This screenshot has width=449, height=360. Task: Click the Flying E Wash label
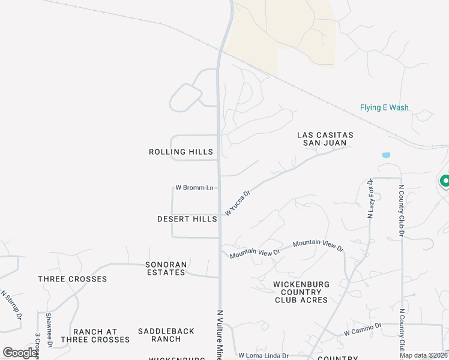point(384,108)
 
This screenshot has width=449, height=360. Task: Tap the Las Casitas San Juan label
point(325,139)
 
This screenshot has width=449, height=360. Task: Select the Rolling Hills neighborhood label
point(181,152)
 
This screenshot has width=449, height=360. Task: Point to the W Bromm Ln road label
point(194,188)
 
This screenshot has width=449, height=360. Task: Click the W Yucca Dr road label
point(237,203)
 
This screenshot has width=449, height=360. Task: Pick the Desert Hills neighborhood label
point(187,220)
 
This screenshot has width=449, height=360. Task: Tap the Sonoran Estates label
point(166,268)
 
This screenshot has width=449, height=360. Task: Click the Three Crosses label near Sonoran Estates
point(73,279)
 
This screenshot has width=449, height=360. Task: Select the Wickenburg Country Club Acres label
point(301,292)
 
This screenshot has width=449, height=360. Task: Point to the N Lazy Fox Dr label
point(370,198)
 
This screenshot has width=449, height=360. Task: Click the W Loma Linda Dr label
point(264,355)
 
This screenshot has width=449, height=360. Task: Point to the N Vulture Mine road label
point(220,334)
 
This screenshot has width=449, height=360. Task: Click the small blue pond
point(386,155)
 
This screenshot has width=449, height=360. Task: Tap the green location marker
point(445,181)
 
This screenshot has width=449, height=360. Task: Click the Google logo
point(20,353)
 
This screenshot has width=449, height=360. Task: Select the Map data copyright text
point(423,355)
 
